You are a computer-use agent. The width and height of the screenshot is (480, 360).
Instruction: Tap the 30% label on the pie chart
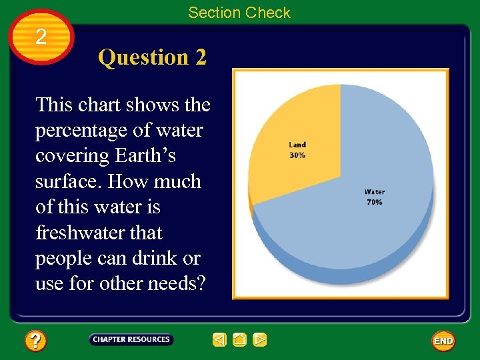click(x=297, y=155)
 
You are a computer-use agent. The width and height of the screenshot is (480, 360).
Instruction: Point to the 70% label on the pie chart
click(x=375, y=202)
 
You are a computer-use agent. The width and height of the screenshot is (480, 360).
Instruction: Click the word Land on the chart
click(x=297, y=145)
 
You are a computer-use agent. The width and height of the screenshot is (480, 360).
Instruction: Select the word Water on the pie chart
click(x=375, y=193)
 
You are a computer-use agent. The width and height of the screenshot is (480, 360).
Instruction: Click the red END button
click(x=443, y=341)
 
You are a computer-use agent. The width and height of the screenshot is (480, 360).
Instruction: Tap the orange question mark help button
click(x=35, y=341)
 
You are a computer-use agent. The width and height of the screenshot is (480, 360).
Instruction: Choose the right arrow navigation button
click(x=260, y=340)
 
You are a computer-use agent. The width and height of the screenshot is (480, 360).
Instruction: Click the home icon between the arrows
click(x=240, y=340)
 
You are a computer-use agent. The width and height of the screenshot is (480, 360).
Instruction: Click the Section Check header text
click(x=239, y=13)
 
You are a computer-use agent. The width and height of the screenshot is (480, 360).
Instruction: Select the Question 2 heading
click(x=152, y=57)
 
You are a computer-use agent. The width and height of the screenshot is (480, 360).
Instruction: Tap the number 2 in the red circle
click(x=41, y=37)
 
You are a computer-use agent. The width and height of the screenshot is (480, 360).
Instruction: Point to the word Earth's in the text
click(x=145, y=155)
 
